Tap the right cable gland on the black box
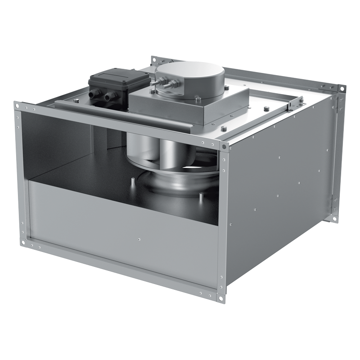(x=109, y=96)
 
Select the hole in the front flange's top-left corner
(x=18, y=106)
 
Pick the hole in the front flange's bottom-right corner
(x=221, y=298)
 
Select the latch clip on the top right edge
(x=296, y=103)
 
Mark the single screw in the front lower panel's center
(x=140, y=239)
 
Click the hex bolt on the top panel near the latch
(x=267, y=108)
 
